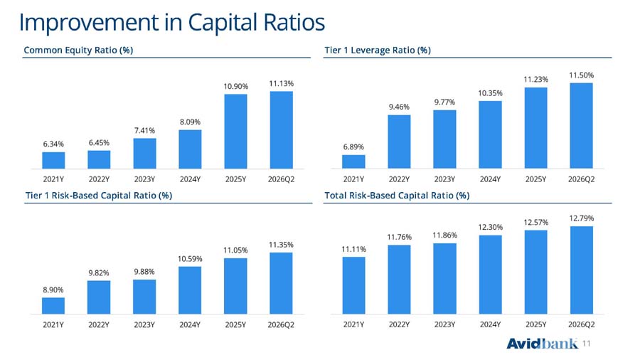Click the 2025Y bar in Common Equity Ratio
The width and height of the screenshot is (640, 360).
(x=235, y=132)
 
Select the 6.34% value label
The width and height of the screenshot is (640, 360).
(x=53, y=144)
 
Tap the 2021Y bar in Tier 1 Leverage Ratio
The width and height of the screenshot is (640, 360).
(x=353, y=162)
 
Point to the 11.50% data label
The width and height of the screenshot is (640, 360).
(x=581, y=75)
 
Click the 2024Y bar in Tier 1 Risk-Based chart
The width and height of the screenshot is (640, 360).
(x=190, y=290)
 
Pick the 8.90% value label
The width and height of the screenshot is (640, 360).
(x=53, y=290)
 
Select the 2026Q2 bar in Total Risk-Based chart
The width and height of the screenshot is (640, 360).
(x=581, y=270)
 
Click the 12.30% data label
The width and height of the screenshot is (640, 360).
(x=490, y=228)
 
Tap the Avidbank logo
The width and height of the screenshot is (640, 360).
(x=542, y=344)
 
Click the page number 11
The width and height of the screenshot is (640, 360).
(x=586, y=344)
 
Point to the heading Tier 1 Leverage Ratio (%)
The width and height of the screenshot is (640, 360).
(x=378, y=51)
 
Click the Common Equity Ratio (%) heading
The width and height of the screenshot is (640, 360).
(x=78, y=51)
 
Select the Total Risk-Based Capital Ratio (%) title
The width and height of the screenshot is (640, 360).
(x=397, y=196)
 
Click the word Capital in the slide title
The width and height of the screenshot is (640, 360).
(x=223, y=23)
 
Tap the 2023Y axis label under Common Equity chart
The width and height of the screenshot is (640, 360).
(x=144, y=179)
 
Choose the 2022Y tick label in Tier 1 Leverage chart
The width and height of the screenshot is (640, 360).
(x=399, y=179)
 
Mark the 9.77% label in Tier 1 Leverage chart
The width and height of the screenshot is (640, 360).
(x=444, y=102)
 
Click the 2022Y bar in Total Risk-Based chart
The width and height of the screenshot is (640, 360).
(x=399, y=280)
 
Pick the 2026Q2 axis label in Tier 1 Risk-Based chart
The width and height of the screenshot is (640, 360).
(x=281, y=325)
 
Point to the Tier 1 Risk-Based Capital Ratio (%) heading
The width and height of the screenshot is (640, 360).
(x=99, y=196)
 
